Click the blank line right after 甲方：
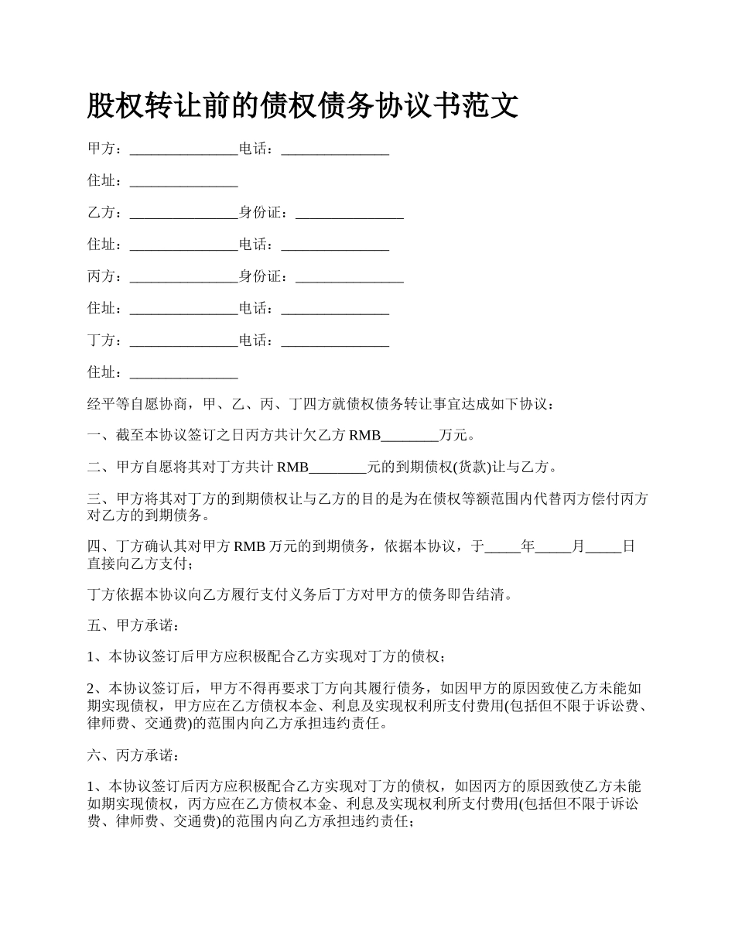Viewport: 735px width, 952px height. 183,149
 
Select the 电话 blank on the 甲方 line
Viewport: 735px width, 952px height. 335,149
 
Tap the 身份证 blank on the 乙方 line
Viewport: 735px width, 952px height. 350,213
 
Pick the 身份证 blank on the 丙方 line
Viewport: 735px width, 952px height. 350,276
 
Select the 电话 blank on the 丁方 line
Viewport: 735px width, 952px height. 335,341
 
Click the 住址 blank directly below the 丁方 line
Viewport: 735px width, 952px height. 183,372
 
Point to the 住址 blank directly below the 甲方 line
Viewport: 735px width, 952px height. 183,181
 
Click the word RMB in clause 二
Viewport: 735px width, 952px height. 292,467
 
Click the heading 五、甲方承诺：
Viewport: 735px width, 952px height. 131,625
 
